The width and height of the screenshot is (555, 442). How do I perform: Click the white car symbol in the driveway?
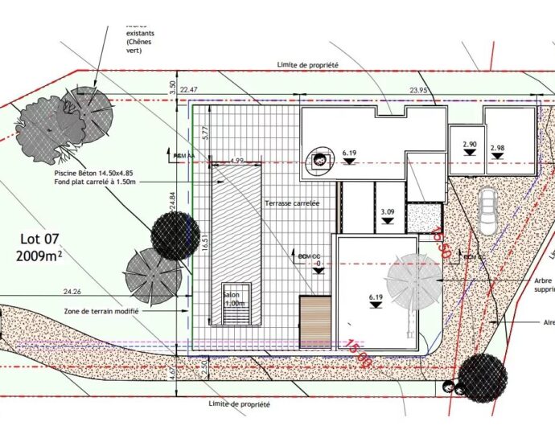pyautogui.click(x=487, y=211)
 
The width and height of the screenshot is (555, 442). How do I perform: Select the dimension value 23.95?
pyautogui.click(x=419, y=90)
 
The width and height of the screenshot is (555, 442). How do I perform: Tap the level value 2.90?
pyautogui.click(x=470, y=145)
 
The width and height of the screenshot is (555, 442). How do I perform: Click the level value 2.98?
pyautogui.click(x=497, y=148)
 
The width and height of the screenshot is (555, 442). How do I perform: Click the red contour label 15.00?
pyautogui.click(x=359, y=353)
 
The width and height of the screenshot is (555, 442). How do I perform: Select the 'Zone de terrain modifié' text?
pyautogui.click(x=101, y=310)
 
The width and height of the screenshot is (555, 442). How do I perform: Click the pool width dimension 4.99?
pyautogui.click(x=236, y=161)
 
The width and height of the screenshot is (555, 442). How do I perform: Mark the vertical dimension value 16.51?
pyautogui.click(x=204, y=241)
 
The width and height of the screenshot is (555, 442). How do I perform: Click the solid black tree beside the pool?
pyautogui.click(x=175, y=235)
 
